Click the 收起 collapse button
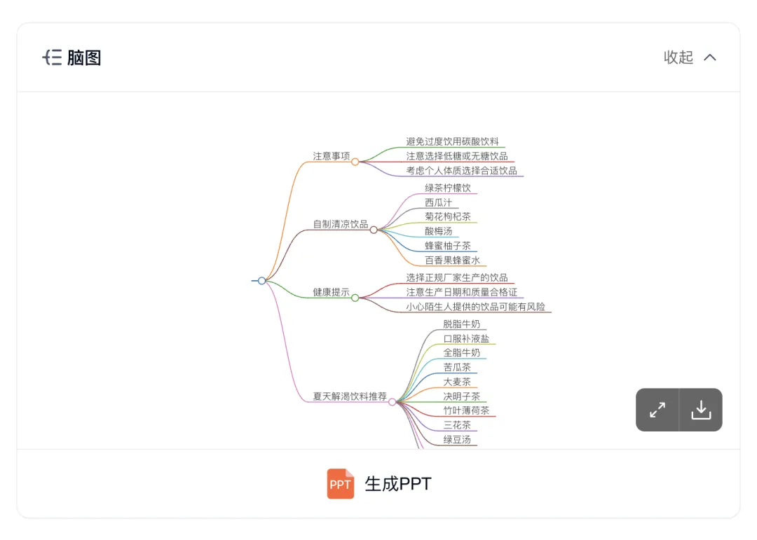(x=690, y=57)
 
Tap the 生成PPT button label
(x=398, y=484)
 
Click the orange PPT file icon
(x=341, y=484)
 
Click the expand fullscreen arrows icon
(x=657, y=410)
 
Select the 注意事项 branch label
(x=331, y=156)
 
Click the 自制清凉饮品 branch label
(x=340, y=224)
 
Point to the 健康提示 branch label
(x=331, y=292)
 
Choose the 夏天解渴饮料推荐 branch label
(x=349, y=396)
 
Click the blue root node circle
(x=261, y=281)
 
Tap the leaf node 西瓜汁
(x=438, y=202)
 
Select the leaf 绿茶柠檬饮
(x=447, y=188)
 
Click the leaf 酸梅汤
(x=438, y=231)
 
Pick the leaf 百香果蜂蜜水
(x=452, y=260)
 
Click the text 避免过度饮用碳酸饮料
(x=452, y=141)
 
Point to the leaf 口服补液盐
(x=466, y=338)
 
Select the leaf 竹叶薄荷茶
(x=466, y=410)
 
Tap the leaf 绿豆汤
(x=457, y=439)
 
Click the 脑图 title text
(x=84, y=57)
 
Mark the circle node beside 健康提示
(x=355, y=298)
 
